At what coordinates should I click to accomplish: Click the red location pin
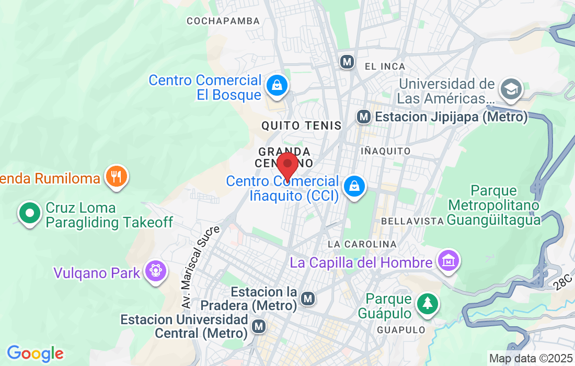click(x=287, y=165)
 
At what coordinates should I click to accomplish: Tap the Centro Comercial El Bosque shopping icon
click(x=276, y=85)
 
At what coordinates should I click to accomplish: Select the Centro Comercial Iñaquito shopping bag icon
click(x=354, y=186)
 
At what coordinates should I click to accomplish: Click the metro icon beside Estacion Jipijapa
click(x=364, y=117)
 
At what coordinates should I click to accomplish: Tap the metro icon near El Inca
click(x=347, y=62)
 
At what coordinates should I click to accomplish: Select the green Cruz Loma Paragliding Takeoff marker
click(x=30, y=213)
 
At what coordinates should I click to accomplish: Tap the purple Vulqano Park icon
click(x=155, y=271)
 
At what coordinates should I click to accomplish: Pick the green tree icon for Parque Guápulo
click(x=427, y=303)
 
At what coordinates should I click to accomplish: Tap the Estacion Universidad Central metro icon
click(x=258, y=327)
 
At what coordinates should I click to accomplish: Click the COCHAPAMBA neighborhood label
click(x=223, y=21)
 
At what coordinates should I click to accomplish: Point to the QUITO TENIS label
click(x=301, y=125)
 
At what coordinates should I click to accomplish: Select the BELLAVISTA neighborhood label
click(x=412, y=221)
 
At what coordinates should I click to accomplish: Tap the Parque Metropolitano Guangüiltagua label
click(x=494, y=205)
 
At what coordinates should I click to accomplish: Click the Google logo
click(x=35, y=353)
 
